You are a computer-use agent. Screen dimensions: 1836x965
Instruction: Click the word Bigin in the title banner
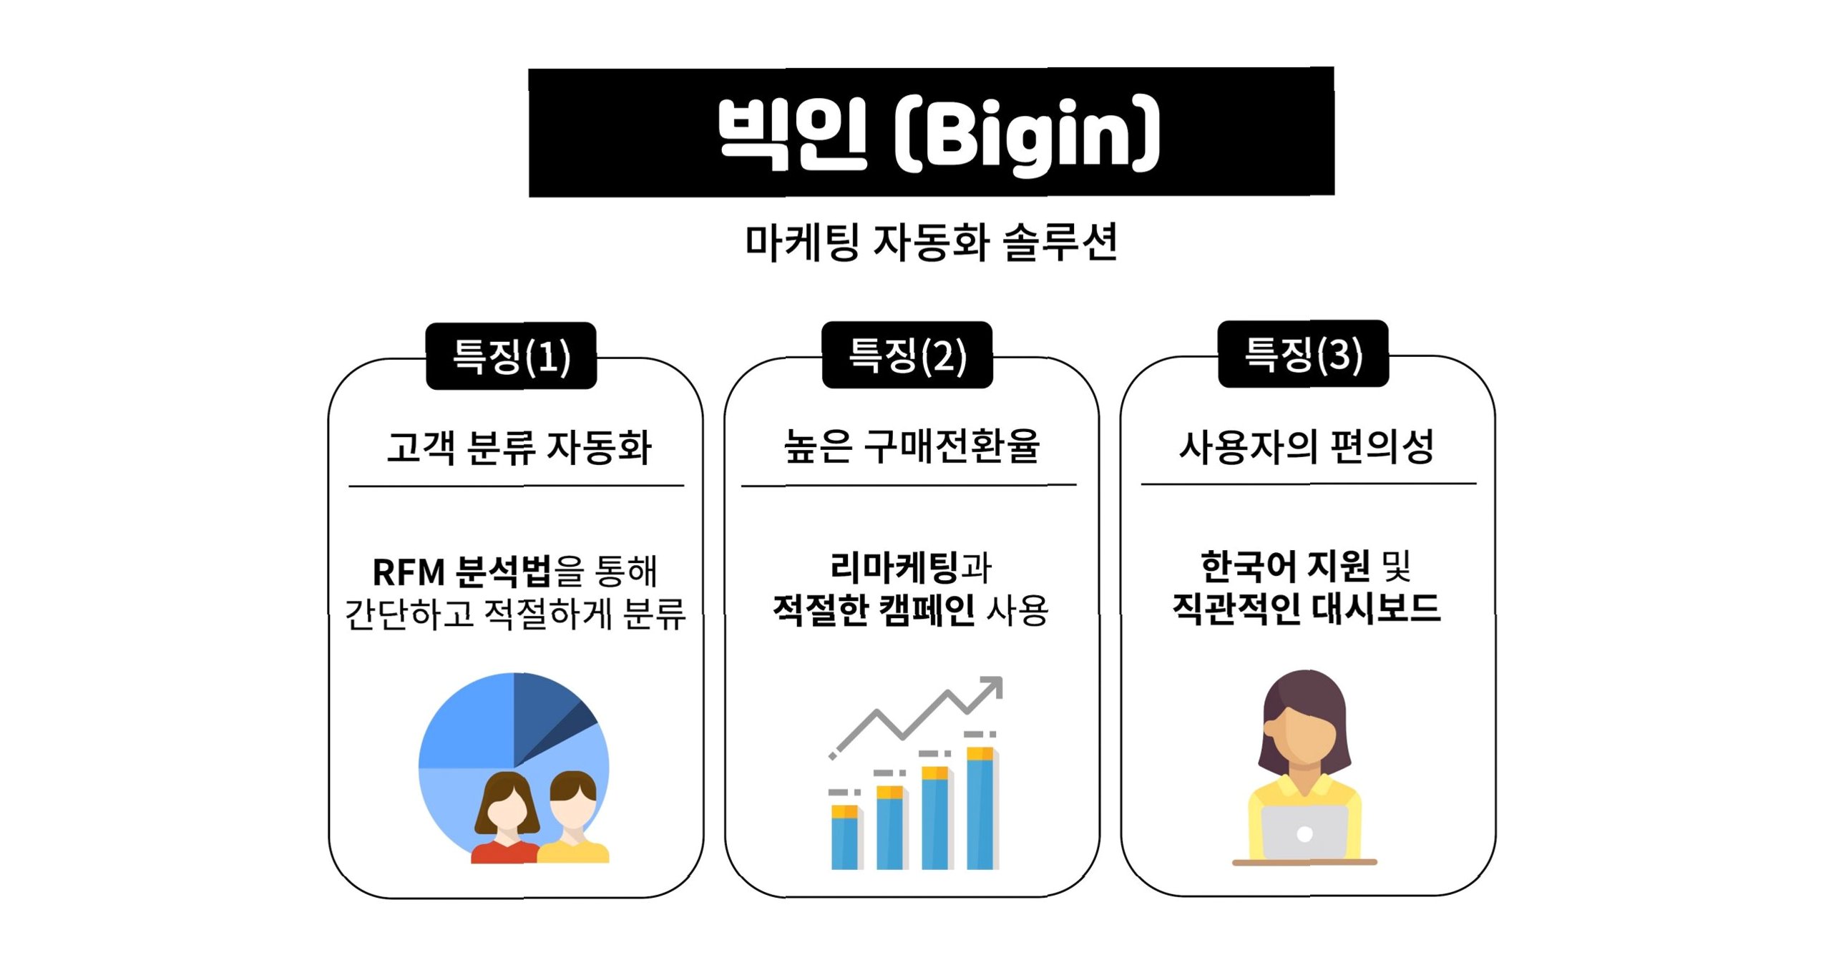pyautogui.click(x=1027, y=135)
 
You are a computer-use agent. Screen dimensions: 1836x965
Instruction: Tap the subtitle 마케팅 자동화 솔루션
pyautogui.click(x=931, y=242)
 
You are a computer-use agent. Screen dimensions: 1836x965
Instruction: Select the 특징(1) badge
pyautogui.click(x=511, y=356)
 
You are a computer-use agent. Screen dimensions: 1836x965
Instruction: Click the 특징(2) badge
pyautogui.click(x=907, y=356)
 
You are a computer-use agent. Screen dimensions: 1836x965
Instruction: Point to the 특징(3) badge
pyautogui.click(x=1303, y=354)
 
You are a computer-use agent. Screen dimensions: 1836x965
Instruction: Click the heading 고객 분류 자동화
pyautogui.click(x=519, y=447)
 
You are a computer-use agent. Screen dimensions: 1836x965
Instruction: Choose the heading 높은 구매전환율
pyautogui.click(x=912, y=446)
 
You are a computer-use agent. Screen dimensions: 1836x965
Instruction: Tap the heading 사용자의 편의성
pyautogui.click(x=1307, y=446)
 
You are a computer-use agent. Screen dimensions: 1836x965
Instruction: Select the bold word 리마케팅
pyautogui.click(x=894, y=567)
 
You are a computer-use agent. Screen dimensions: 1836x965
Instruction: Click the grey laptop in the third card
pyautogui.click(x=1304, y=833)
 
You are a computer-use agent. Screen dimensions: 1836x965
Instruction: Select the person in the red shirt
pyautogui.click(x=505, y=823)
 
